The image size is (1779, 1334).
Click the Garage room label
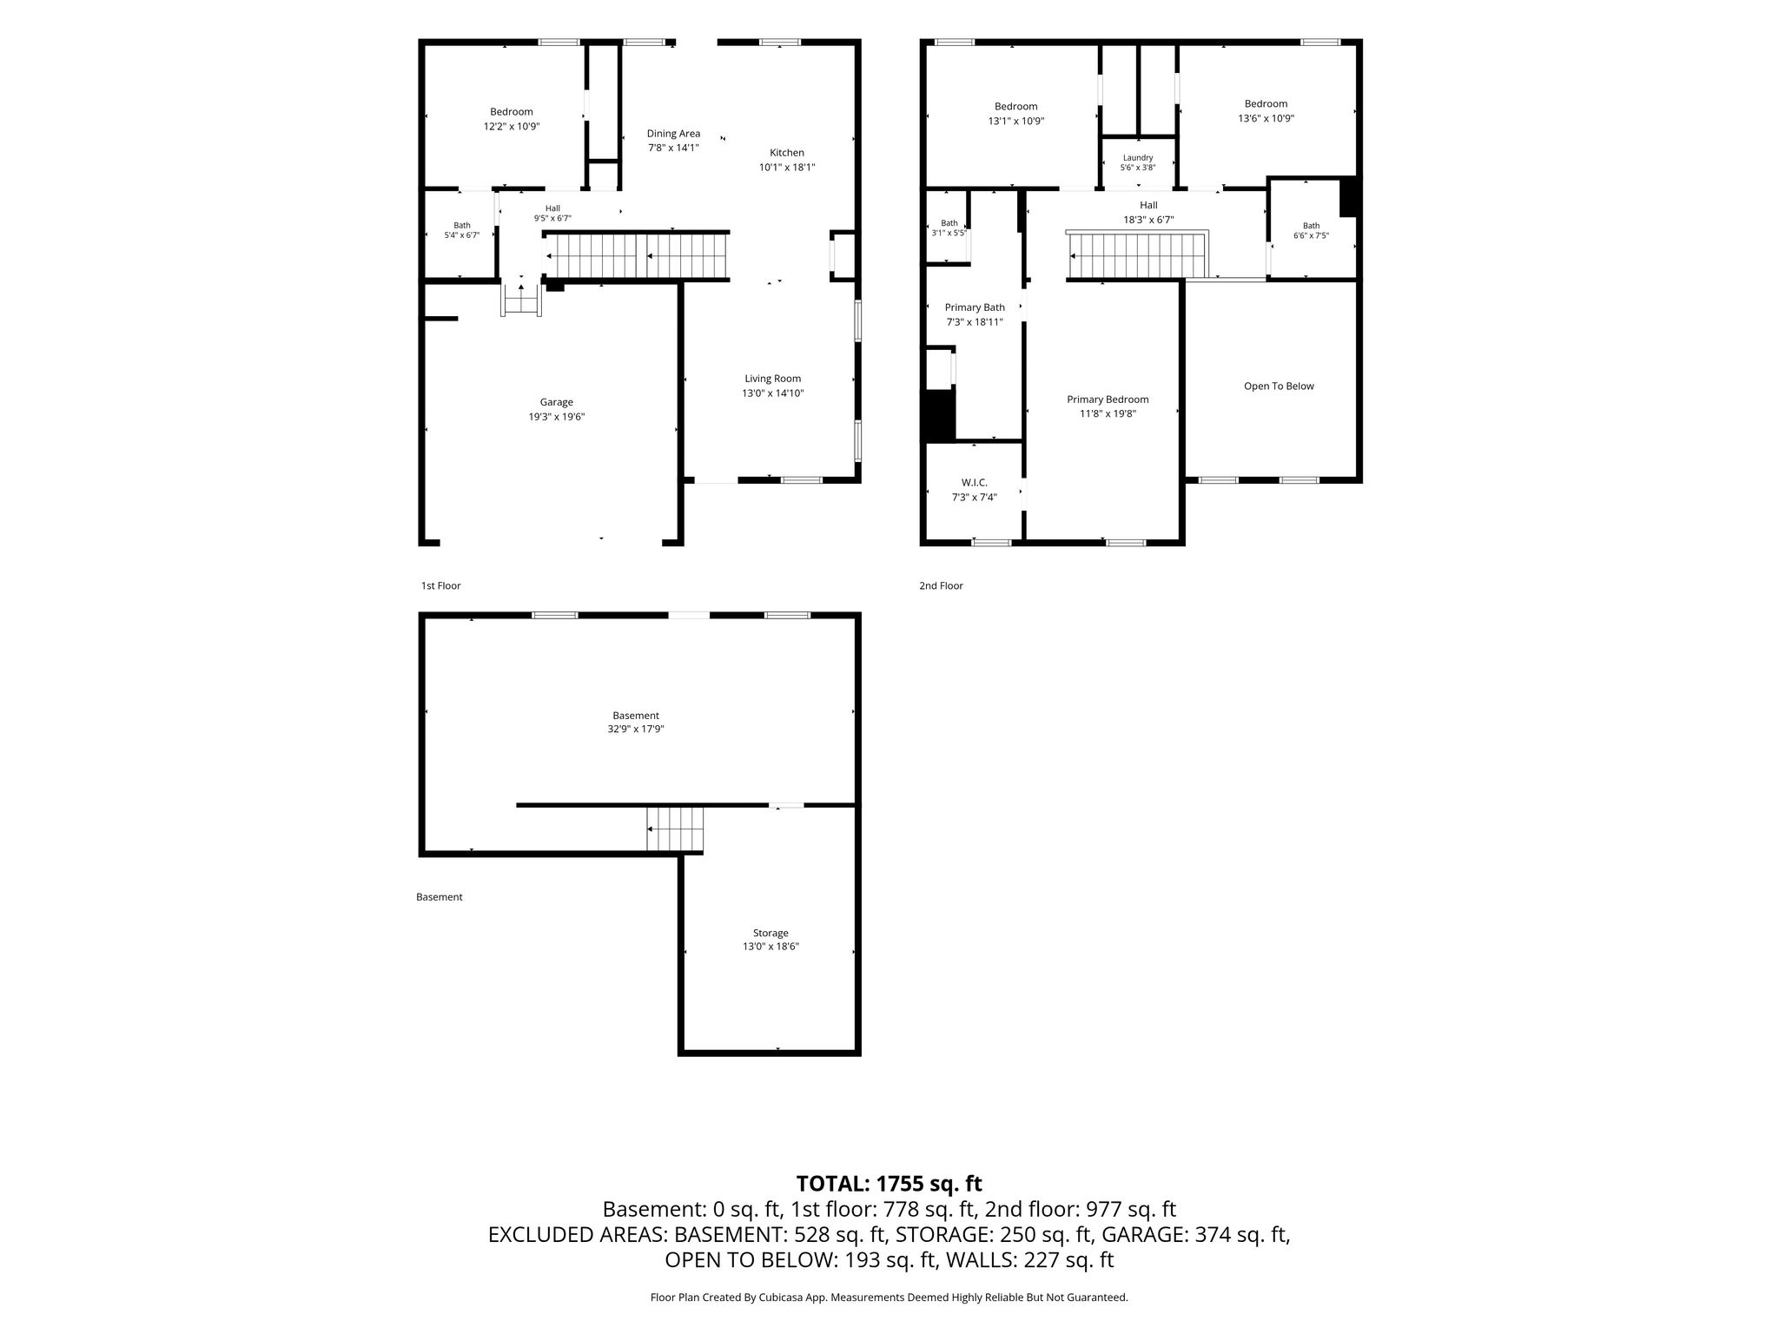tap(556, 402)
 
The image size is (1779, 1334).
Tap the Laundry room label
tap(1138, 158)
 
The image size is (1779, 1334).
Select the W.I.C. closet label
tap(974, 483)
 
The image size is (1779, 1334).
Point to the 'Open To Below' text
tap(1279, 386)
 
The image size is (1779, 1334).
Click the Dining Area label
tap(673, 134)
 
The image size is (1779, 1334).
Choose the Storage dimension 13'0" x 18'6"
tap(770, 947)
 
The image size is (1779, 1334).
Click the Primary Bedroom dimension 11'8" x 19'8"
tap(1108, 414)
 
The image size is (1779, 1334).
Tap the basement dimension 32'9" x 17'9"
tap(636, 730)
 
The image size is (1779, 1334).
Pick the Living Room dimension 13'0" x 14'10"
tap(772, 393)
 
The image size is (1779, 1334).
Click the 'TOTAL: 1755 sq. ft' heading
tap(889, 1184)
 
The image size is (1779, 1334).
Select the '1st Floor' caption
tap(441, 586)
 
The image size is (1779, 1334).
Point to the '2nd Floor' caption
tap(942, 586)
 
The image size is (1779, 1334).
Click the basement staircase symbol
tap(675, 829)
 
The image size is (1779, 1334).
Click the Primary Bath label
tap(975, 307)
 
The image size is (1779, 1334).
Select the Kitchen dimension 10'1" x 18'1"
tap(787, 168)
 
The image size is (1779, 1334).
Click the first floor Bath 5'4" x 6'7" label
tap(462, 230)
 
